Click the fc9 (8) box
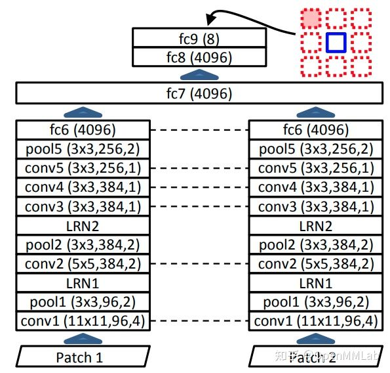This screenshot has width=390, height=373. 198,38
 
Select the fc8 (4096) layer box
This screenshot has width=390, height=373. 198,57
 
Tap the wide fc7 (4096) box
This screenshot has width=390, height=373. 198,94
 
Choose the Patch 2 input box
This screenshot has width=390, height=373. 316,358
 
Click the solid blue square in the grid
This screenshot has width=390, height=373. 336,43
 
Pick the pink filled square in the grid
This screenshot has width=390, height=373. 311,19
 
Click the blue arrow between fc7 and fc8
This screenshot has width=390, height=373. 198,74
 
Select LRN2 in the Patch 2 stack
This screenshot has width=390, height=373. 316,226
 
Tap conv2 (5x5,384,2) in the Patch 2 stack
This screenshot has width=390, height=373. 316,264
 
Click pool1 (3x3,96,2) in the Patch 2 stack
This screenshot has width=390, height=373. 316,302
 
